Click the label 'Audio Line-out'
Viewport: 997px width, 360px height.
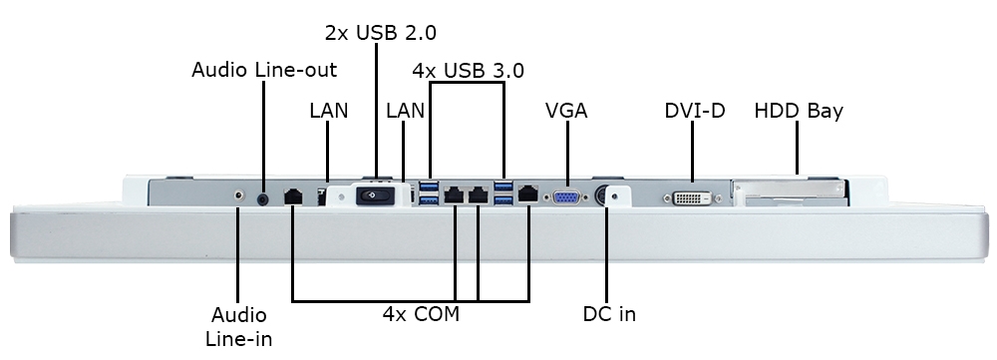click(264, 70)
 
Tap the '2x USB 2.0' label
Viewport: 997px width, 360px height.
click(381, 32)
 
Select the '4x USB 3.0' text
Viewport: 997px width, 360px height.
click(469, 71)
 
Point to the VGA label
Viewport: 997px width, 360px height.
click(566, 111)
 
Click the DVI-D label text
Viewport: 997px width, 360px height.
click(694, 111)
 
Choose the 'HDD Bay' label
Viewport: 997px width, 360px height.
click(799, 111)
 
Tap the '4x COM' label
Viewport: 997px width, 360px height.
click(420, 314)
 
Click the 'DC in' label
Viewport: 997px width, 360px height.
click(609, 314)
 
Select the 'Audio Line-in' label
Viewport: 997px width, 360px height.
click(239, 326)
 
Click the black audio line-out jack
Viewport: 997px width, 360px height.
click(263, 196)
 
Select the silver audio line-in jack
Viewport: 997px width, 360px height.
click(239, 196)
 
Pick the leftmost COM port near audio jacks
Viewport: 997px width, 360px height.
click(293, 196)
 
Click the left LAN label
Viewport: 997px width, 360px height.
click(329, 111)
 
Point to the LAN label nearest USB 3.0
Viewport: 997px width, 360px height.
click(406, 111)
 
